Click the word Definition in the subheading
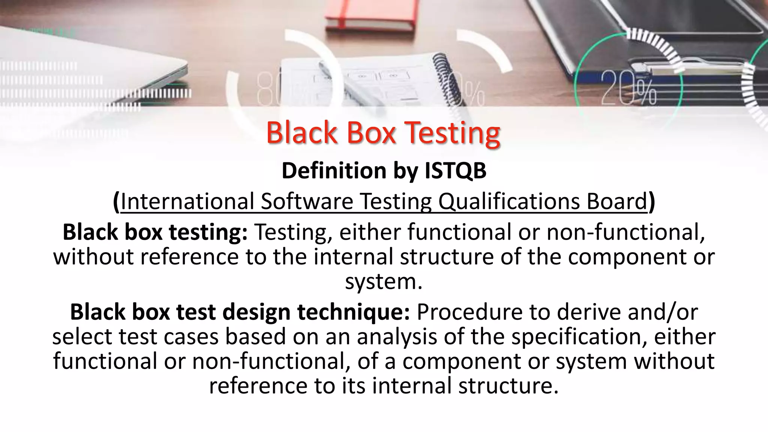pyautogui.click(x=333, y=171)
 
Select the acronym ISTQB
pyautogui.click(x=455, y=171)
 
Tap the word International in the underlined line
pyautogui.click(x=187, y=201)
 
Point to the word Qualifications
pyautogui.click(x=509, y=201)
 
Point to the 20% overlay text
pyautogui.click(x=628, y=88)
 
